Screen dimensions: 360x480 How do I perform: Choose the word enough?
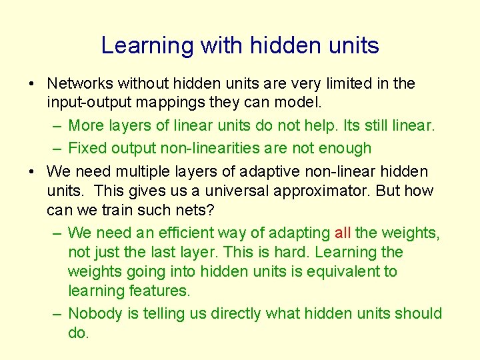(347, 148)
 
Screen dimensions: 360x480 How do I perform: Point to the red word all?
(343, 233)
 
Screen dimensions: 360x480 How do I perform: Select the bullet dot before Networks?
(32, 85)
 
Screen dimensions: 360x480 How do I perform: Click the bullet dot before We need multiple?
(32, 172)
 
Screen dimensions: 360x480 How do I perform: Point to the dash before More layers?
(56, 126)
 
